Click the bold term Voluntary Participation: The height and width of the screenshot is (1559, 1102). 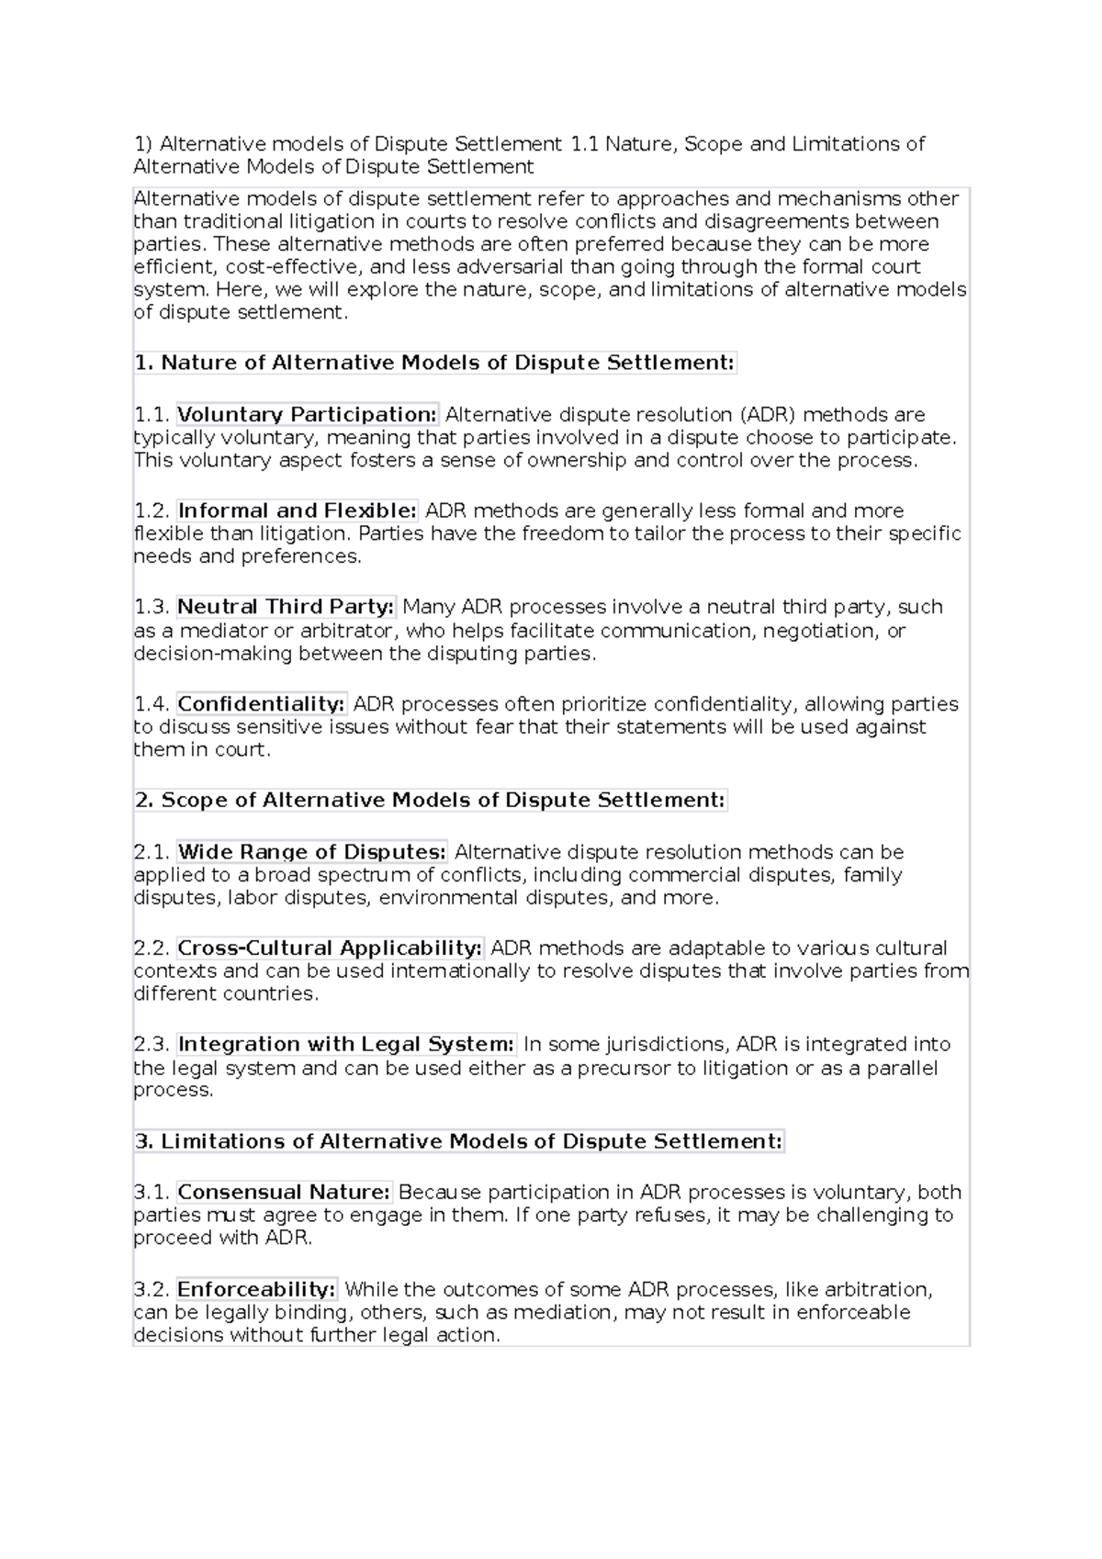pos(308,414)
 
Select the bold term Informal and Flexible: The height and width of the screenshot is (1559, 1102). pos(298,510)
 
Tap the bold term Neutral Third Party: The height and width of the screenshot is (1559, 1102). pos(286,607)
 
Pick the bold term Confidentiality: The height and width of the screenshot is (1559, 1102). pos(262,704)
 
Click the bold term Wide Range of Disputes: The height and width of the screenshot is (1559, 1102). pos(312,852)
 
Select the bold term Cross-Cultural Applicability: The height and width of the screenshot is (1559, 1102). pos(330,948)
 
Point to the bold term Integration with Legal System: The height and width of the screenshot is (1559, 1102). pos(346,1045)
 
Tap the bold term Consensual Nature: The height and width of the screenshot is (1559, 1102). pos(285,1193)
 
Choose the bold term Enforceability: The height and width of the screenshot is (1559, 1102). pos(257,1289)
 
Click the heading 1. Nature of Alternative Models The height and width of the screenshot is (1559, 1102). pos(434,363)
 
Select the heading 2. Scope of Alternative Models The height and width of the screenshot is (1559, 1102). pos(430,800)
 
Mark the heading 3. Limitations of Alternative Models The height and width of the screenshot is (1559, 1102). pos(458,1141)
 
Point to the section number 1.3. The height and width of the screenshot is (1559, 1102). pos(152,607)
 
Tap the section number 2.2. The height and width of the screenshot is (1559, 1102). pos(152,948)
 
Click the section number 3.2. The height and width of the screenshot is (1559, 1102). pos(152,1289)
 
